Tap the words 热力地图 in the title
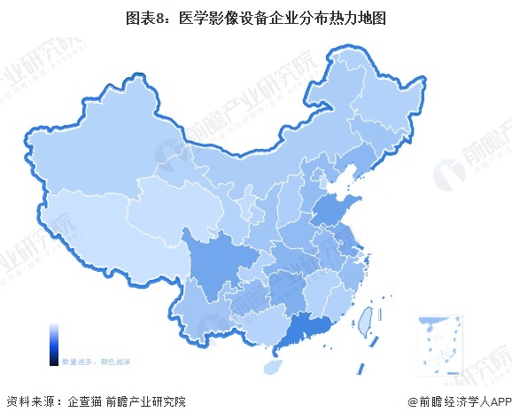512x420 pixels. [336, 17]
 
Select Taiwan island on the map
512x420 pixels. [363, 314]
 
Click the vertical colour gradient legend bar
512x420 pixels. [53, 345]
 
